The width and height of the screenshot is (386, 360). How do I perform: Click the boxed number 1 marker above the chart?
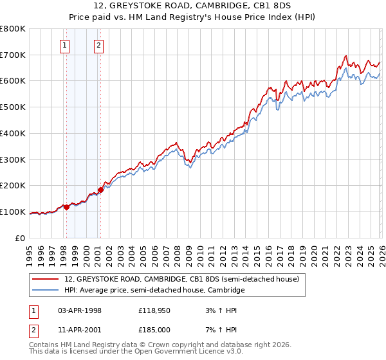click(x=66, y=45)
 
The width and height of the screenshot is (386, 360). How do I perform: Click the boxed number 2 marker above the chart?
click(x=98, y=45)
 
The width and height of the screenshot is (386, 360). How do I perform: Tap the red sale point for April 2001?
click(x=100, y=190)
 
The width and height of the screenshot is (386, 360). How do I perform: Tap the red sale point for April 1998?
click(x=66, y=207)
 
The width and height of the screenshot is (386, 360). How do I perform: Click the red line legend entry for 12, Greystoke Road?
click(x=181, y=280)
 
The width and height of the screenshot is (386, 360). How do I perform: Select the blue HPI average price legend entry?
click(x=154, y=291)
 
